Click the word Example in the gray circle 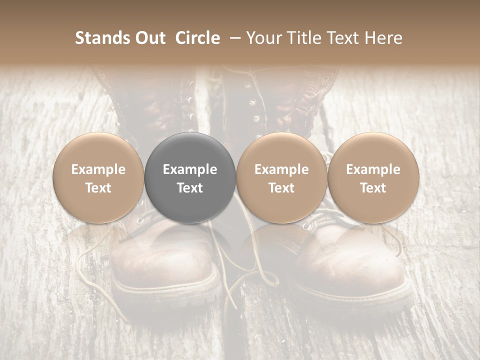(190, 170)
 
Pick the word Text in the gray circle (190, 188)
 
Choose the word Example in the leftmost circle (98, 170)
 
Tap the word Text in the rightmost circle (373, 188)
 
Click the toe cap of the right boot (350, 255)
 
